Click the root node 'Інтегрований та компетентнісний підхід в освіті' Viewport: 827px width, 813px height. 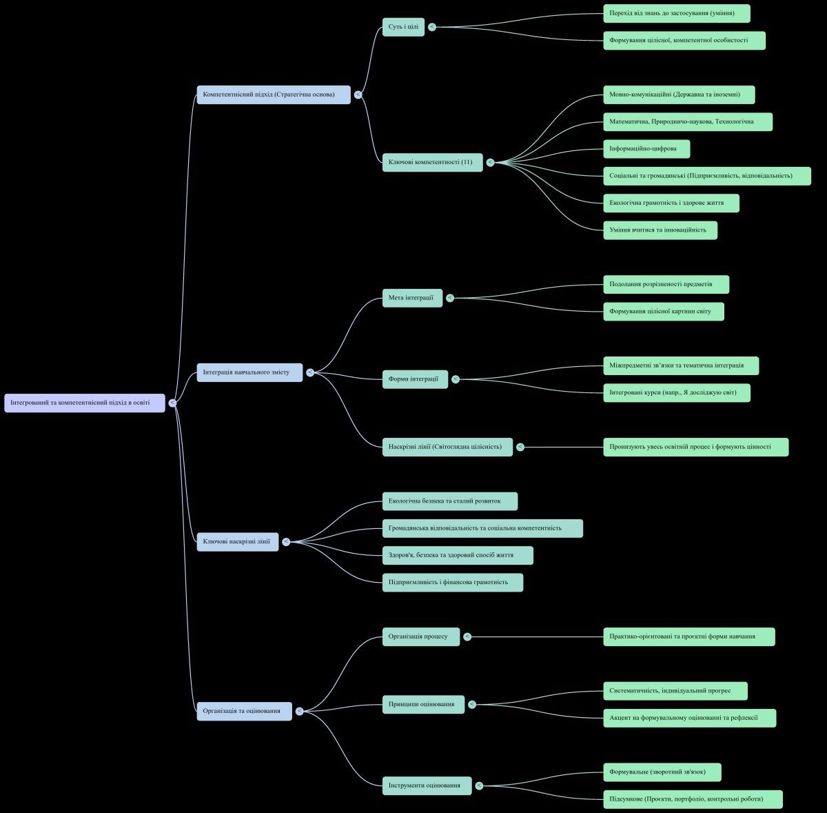pos(85,403)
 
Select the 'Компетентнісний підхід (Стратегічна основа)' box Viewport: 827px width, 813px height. pos(274,94)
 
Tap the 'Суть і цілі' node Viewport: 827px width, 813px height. pos(403,27)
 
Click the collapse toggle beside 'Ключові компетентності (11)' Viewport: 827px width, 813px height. pos(490,163)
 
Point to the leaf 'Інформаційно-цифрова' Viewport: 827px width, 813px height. pos(646,149)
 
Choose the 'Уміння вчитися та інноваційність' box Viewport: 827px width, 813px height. pos(660,230)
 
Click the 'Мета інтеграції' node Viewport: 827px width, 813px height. pos(412,298)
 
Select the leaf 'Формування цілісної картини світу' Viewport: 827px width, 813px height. pos(663,312)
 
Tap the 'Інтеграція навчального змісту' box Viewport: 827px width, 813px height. pos(249,372)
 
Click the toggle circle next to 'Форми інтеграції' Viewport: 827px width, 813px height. pos(456,379)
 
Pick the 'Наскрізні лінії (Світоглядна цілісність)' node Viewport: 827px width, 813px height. pos(447,447)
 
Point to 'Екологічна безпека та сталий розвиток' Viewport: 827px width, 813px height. pos(449,501)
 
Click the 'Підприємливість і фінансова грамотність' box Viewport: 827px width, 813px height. pos(452,583)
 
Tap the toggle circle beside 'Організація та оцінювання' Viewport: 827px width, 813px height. pos(299,711)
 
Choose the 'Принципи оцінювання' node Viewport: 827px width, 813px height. pos(423,705)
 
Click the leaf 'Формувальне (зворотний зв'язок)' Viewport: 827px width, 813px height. pos(662,772)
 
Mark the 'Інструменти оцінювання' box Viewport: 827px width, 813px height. pos(427,785)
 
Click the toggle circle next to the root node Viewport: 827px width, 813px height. pos(172,403)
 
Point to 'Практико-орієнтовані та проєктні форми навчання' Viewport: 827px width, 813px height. pos(688,636)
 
